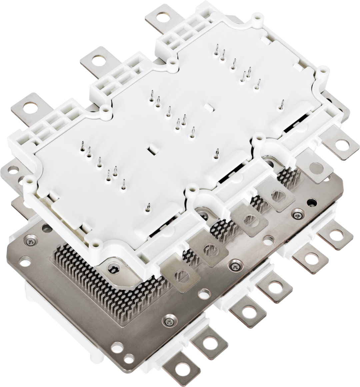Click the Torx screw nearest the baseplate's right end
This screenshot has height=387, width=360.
tap(297, 215)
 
